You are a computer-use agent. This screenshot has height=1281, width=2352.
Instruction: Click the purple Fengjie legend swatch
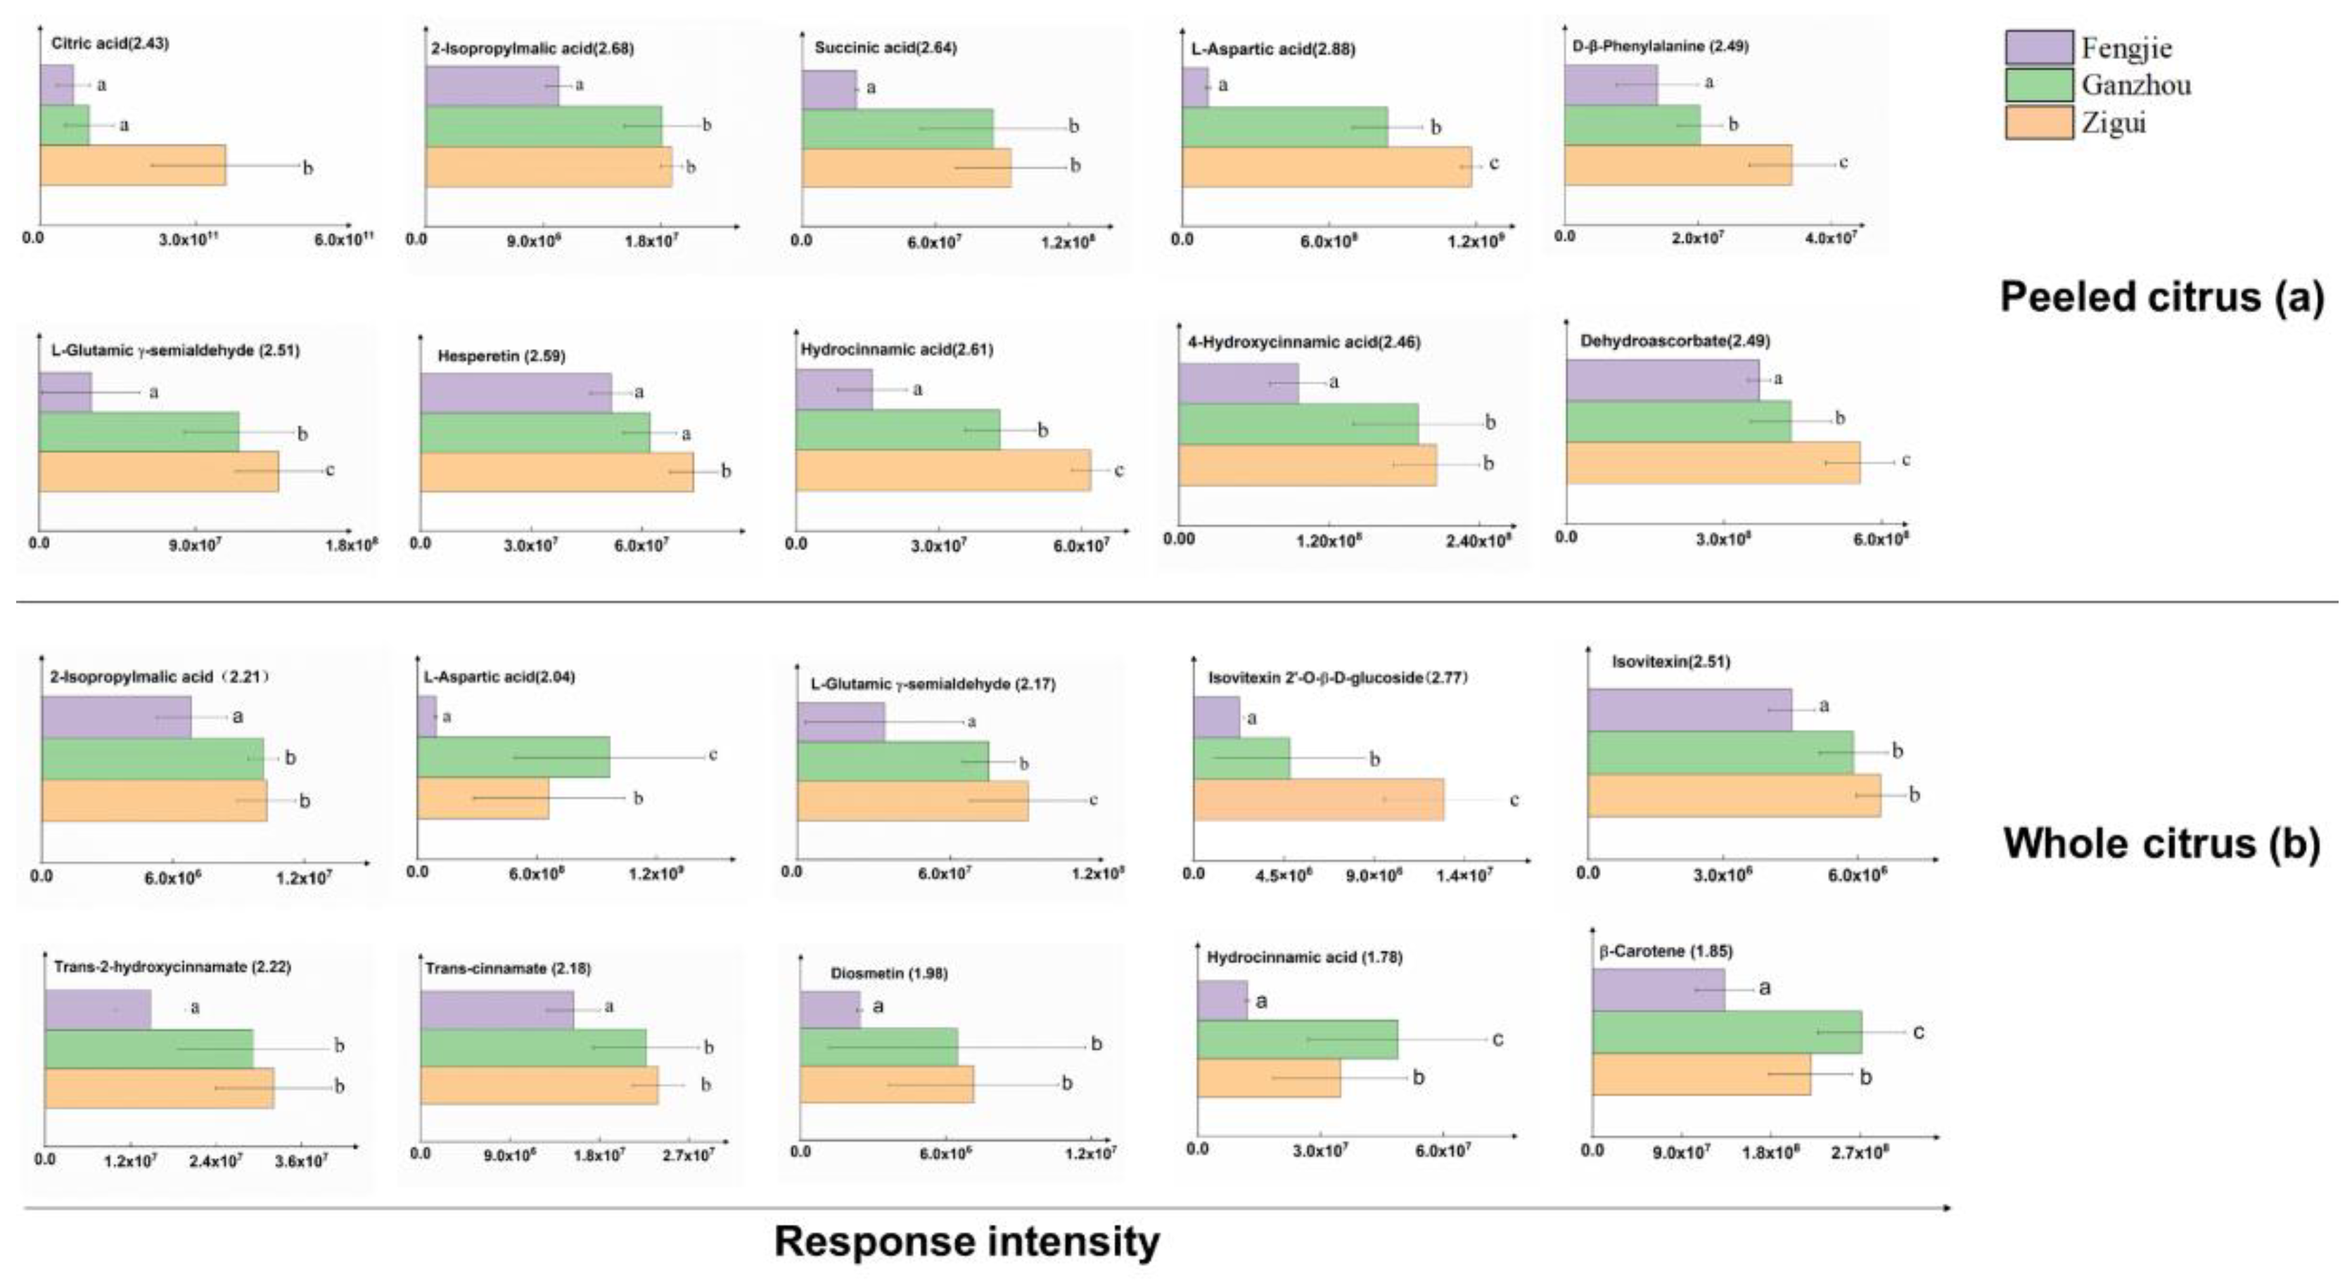(2039, 47)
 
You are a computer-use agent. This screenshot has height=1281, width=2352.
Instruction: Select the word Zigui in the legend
(2113, 123)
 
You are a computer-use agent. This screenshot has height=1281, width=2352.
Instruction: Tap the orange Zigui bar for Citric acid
(132, 165)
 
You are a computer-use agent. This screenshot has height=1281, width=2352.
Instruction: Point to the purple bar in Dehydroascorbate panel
(1662, 380)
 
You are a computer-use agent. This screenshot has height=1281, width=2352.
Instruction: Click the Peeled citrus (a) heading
(2161, 298)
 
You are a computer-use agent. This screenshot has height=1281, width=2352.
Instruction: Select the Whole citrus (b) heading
(2161, 843)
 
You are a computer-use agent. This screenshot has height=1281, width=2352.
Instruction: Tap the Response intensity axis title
(966, 1242)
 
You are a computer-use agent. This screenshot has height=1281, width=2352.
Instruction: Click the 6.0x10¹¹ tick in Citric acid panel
(345, 240)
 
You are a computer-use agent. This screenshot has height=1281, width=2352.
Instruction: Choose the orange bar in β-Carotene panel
(1701, 1075)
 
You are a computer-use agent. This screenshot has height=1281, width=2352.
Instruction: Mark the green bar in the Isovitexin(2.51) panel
(1720, 752)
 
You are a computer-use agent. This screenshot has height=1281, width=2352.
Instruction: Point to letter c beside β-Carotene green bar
(1918, 1032)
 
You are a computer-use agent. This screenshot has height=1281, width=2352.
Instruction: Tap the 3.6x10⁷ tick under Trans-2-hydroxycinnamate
(301, 1161)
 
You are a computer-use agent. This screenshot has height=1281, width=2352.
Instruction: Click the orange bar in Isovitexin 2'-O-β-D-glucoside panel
(1319, 800)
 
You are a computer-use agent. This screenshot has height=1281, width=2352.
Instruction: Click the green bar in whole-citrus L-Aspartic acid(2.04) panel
(513, 757)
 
